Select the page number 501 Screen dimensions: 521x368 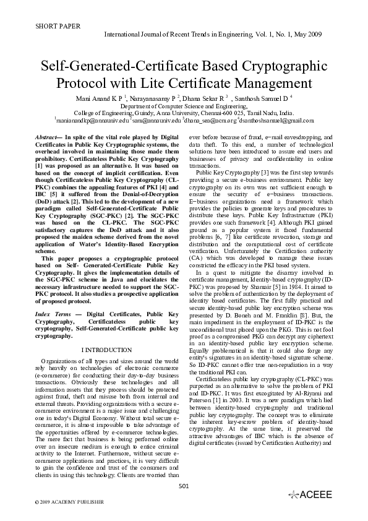[183, 486]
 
